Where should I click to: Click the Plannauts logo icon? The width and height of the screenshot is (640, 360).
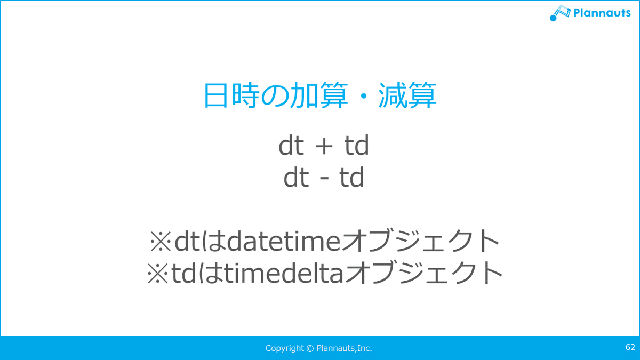click(560, 13)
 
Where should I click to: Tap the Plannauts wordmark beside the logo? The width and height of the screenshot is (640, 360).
click(602, 13)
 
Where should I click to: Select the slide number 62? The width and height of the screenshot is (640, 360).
click(630, 347)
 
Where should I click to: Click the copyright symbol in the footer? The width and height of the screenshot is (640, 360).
click(310, 348)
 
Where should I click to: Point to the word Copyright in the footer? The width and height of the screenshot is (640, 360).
click(285, 348)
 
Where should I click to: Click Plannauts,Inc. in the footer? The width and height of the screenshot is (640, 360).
click(345, 348)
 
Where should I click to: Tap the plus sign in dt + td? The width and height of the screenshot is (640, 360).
click(324, 146)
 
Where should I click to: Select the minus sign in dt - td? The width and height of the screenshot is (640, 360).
click(324, 179)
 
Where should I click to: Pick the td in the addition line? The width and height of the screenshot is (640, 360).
click(357, 145)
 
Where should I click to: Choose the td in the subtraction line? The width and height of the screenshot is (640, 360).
click(351, 177)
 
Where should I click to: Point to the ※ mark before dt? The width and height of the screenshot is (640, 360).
click(161, 242)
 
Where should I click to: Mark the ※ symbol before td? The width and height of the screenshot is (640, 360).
click(157, 274)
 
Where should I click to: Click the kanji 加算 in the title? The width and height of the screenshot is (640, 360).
click(319, 95)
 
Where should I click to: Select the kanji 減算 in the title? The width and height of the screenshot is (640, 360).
click(407, 95)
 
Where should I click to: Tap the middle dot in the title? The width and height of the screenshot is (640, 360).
click(363, 95)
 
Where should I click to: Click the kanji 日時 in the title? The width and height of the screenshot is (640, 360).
click(231, 95)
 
